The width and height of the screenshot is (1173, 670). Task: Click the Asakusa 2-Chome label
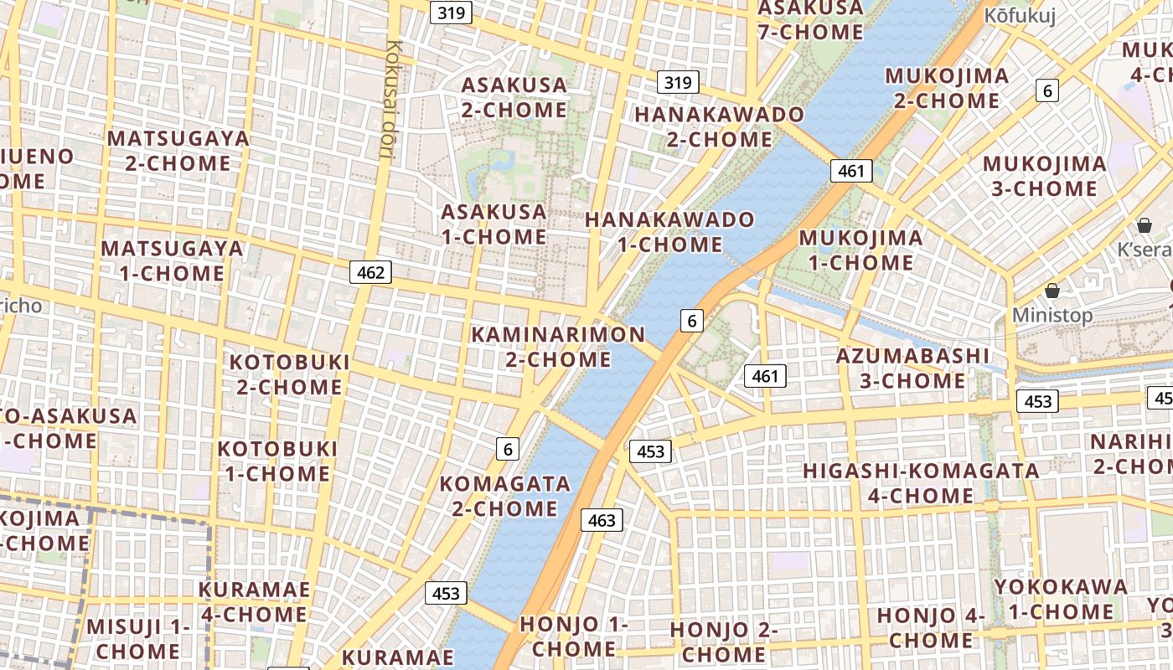pos(514,97)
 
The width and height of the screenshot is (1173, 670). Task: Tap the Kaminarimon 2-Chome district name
pos(558,347)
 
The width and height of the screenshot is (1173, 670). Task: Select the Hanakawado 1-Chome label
pos(670,232)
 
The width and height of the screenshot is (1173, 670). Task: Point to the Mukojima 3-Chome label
pos(1044,176)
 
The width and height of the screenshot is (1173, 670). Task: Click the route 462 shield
pos(370,272)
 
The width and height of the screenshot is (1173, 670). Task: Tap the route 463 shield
pos(602,520)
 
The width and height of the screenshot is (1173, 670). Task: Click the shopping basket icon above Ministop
pos(1052,291)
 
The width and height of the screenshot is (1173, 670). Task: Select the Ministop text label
pos(1052,315)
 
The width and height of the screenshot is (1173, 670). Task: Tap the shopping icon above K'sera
pos(1145,225)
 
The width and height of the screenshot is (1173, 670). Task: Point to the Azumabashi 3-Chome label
pos(912,368)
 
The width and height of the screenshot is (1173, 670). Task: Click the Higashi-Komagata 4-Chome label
pos(921,483)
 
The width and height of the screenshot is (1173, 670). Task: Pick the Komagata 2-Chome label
pos(504,496)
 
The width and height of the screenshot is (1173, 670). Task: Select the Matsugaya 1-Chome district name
pos(172,260)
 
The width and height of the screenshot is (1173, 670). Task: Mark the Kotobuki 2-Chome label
pos(289,374)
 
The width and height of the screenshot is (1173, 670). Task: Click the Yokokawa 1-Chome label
pos(1061,599)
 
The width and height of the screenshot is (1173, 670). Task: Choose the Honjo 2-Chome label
pos(724,642)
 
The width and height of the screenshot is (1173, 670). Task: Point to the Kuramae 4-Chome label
pos(254,601)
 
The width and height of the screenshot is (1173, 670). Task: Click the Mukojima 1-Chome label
pos(860,250)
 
